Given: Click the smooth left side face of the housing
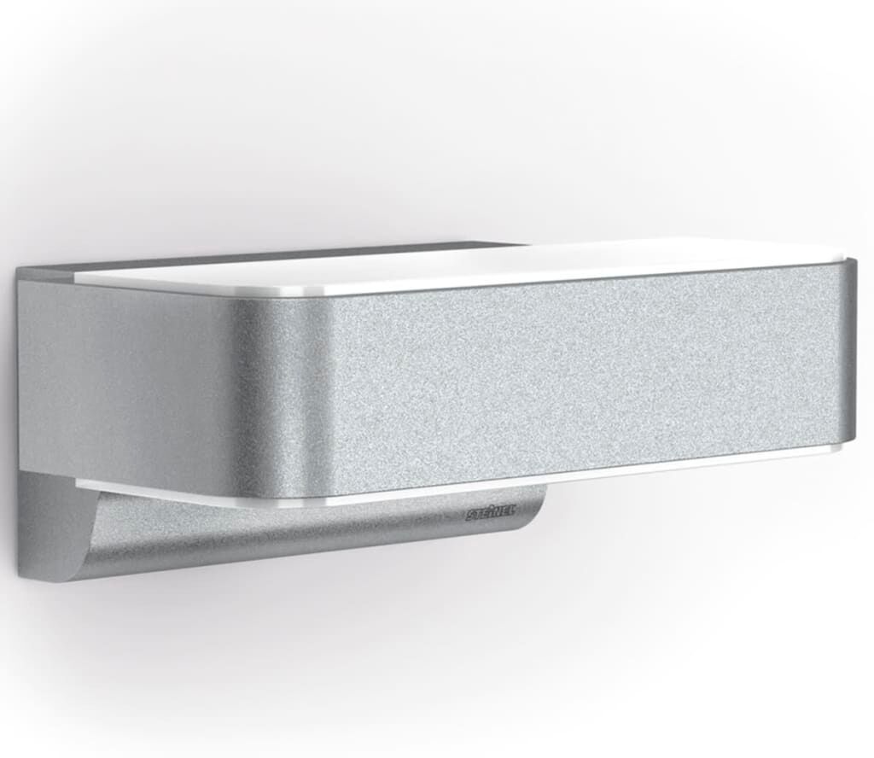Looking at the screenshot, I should tap(119, 376).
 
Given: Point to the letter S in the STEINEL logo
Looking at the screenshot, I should tap(470, 516).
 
